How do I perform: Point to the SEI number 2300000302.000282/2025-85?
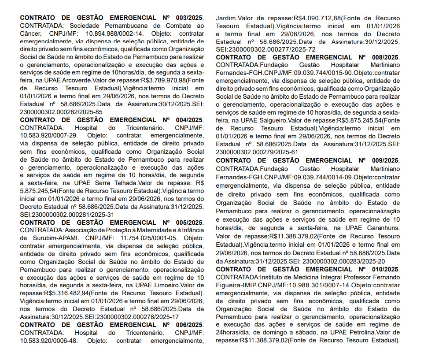click(61, 112)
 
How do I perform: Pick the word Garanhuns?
click(383, 228)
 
